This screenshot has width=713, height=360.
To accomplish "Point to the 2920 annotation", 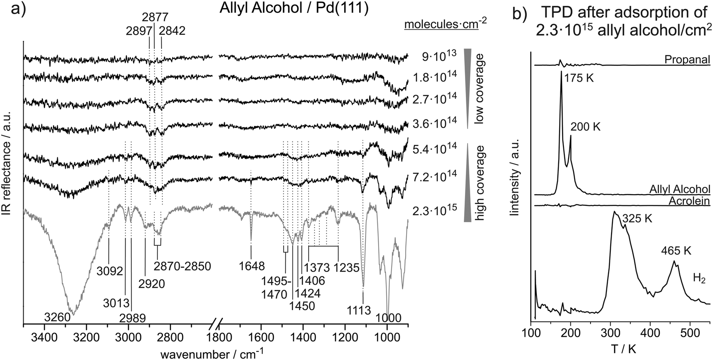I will (x=151, y=283).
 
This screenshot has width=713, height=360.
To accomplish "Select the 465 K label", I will (x=676, y=250).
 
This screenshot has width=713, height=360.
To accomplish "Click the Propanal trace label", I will (x=686, y=60).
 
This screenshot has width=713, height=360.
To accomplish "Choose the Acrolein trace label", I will (x=687, y=201).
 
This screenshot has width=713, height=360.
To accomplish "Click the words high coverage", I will (x=480, y=183).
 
